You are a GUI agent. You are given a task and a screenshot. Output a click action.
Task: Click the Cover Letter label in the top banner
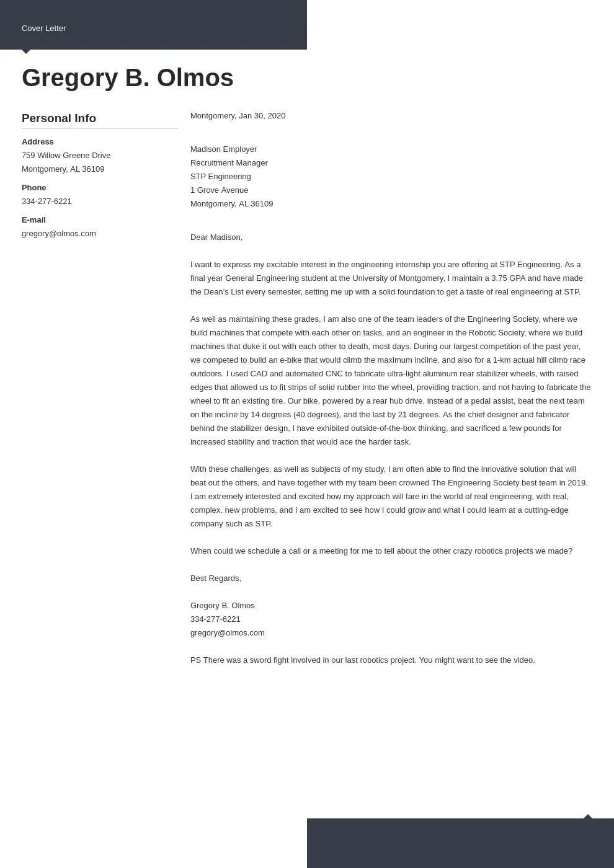coord(43,29)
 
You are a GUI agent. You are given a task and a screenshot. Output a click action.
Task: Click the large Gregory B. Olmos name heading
coord(127,78)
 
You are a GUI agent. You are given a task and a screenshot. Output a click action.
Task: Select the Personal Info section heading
coord(59,118)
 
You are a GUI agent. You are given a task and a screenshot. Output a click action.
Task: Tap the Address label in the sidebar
coord(38,142)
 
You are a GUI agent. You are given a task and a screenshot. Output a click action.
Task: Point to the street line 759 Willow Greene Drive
coord(66,156)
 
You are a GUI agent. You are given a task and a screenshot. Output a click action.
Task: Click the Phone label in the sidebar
coord(34,188)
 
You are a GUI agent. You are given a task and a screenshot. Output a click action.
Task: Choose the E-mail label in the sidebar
coord(33,220)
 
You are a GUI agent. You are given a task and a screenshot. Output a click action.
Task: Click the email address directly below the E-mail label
coord(59,234)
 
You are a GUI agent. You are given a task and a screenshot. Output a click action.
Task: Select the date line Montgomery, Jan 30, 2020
coord(238,116)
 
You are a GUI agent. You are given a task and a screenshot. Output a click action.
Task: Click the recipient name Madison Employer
coord(223,149)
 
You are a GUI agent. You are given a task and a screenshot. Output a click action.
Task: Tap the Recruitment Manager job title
coord(229,163)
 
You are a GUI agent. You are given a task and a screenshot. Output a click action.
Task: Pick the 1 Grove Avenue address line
coord(219,190)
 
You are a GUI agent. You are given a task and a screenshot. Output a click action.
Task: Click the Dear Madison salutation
coord(216,237)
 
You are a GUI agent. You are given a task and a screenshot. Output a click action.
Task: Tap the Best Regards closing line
coord(216,578)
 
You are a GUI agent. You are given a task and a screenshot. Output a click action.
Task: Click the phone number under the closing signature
coord(215,619)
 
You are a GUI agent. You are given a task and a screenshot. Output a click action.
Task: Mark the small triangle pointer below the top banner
coord(26,51)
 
